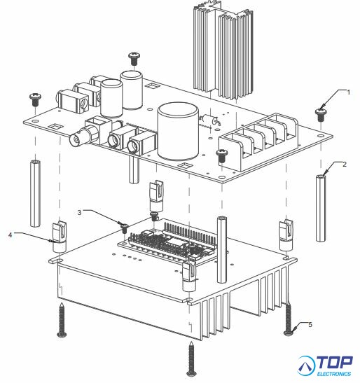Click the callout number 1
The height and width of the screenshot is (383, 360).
coord(349,92)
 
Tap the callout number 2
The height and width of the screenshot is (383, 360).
coord(345,165)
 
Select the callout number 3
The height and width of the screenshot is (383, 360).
coord(79,212)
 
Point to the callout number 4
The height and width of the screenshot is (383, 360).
coord(10,235)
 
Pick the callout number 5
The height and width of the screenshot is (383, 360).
coord(310,325)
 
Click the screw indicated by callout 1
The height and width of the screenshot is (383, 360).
coord(320,115)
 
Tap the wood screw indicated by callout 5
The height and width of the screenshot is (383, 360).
coord(289,319)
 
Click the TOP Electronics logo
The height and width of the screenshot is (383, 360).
coord(324,366)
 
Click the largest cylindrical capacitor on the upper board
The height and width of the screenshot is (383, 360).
coord(178,132)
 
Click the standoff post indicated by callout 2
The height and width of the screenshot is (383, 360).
coord(320,208)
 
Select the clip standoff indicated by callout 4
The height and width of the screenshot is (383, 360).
coord(60,237)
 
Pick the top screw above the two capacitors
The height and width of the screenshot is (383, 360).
coord(134,58)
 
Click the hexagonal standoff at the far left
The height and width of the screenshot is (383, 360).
coord(36,193)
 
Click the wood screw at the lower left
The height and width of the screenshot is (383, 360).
coord(62,320)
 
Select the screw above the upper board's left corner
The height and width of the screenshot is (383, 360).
coord(36,99)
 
